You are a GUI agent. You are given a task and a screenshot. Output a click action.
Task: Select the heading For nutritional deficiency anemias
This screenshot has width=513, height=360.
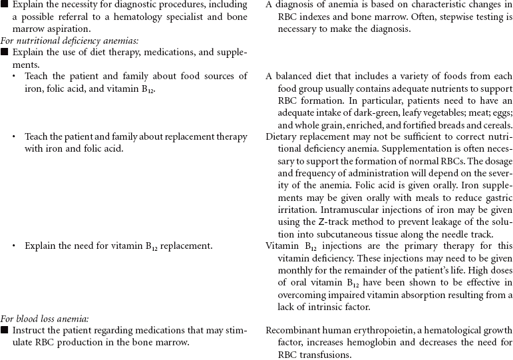point(69,41)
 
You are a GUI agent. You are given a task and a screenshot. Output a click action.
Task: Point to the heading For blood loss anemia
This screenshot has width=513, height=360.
point(44,319)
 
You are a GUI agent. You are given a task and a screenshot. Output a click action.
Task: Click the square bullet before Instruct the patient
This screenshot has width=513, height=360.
point(5,330)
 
